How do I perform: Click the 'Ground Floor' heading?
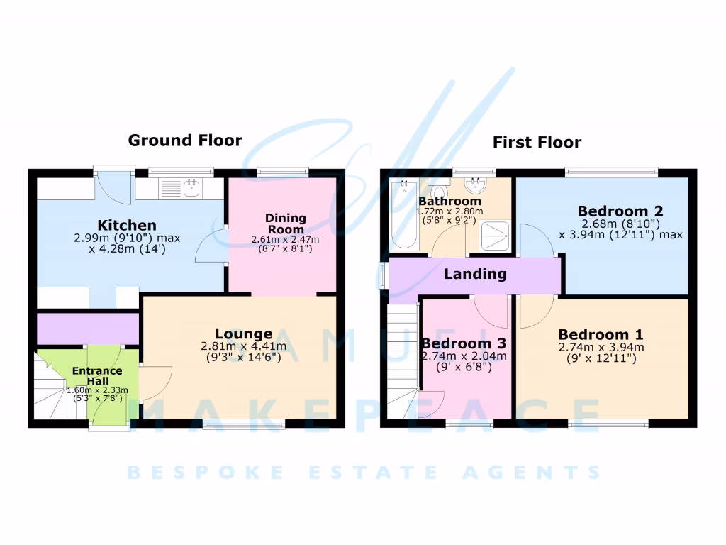pos(184,141)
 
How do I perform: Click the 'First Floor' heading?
pos(537,143)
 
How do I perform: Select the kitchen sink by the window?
pos(190,189)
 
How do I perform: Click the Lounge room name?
pos(243,334)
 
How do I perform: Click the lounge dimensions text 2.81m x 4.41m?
pos(243,347)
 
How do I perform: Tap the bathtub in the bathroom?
pos(405,214)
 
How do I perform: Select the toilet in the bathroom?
pos(439,193)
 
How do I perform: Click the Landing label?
pos(475,274)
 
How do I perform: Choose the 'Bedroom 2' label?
pos(620,211)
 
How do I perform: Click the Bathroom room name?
pos(449,202)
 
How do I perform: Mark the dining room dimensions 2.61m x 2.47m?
pos(286,240)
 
